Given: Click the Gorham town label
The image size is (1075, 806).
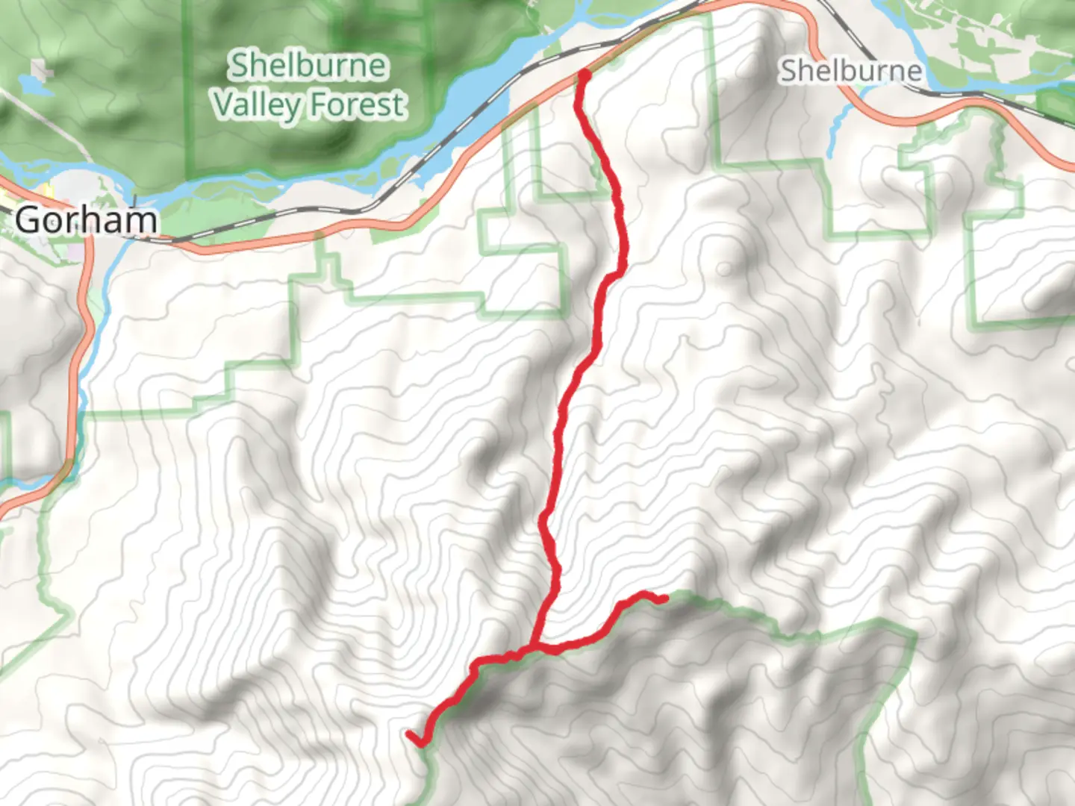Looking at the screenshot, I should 86,220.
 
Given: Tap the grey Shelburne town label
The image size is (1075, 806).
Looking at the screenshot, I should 851,72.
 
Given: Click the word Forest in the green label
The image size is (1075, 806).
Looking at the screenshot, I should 358,104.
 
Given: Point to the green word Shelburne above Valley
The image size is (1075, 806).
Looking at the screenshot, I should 308,66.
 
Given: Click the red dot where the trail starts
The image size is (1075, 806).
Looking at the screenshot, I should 585,75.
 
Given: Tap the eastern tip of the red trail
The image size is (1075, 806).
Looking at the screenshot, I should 664,599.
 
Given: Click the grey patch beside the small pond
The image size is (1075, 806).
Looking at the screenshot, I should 43,72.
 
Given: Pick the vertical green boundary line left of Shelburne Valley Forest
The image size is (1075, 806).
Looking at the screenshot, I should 187,90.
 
